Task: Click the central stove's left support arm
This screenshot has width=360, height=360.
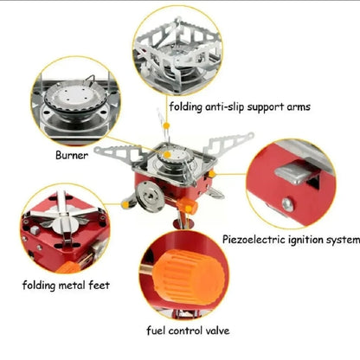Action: (x=110, y=153)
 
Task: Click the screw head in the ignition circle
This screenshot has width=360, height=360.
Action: (x=286, y=205)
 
